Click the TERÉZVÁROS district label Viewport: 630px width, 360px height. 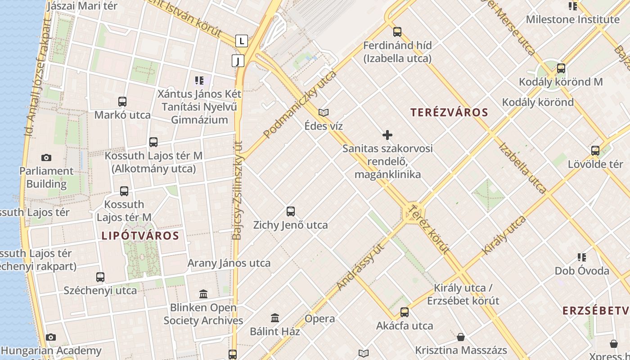[x=449, y=112]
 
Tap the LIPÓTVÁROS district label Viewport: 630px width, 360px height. [x=140, y=235]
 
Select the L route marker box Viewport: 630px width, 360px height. [x=242, y=41]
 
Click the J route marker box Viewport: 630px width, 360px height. [x=238, y=60]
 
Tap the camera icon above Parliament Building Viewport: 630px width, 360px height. [x=46, y=157]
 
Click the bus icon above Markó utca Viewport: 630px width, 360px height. [x=122, y=102]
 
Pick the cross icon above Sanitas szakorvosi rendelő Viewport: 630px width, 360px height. [x=387, y=135]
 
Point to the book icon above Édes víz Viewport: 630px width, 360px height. [x=323, y=112]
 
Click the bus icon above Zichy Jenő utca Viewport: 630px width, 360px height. [x=291, y=211]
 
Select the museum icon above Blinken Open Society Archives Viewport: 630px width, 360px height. [x=203, y=294]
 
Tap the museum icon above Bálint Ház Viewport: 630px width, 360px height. [x=275, y=318]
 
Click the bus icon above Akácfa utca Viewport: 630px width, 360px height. [x=405, y=312]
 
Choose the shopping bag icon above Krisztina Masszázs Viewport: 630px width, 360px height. [x=461, y=337]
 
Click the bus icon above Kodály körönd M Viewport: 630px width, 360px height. [x=561, y=68]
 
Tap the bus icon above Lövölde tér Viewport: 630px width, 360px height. [x=595, y=151]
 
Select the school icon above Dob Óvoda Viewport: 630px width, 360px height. [x=582, y=257]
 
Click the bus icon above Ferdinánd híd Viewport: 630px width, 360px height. [x=397, y=32]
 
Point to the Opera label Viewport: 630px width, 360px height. [x=320, y=319]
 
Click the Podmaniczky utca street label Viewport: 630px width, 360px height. [x=300, y=104]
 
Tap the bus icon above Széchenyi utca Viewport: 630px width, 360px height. [x=100, y=277]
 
